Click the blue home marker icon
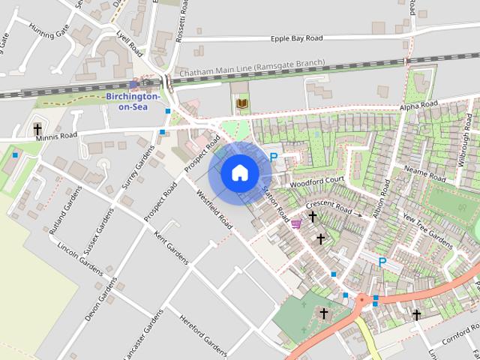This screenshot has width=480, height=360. [x=239, y=173]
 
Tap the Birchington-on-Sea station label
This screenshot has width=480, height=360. [x=133, y=101]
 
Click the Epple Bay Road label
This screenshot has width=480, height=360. [x=297, y=38]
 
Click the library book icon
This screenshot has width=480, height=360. [x=242, y=103]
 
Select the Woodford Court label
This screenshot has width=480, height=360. [x=316, y=181]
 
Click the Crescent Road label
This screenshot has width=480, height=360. [x=328, y=207]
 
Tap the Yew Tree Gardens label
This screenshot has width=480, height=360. [x=427, y=229]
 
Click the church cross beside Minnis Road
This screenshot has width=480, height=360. [x=37, y=129]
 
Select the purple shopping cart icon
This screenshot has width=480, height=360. [x=297, y=223]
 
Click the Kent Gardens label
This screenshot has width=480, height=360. [x=172, y=248]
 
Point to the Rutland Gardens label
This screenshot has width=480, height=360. [x=65, y=218]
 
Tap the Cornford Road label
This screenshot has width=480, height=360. [x=456, y=328]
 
